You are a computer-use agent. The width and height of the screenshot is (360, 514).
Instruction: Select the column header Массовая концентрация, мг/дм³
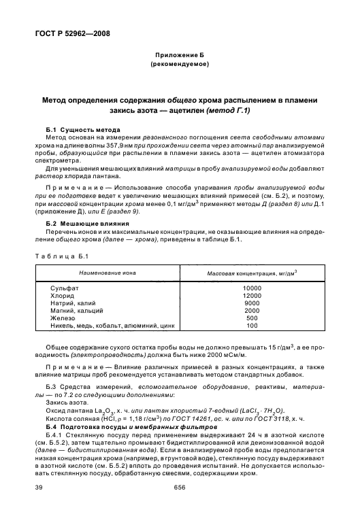tap(252, 273)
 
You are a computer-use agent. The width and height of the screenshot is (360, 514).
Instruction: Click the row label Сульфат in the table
tap(64, 289)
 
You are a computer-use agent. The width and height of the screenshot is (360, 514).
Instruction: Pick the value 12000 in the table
tap(252, 296)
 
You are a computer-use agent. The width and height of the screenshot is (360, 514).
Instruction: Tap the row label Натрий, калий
tap(74, 303)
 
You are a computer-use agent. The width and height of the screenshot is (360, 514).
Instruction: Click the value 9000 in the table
tap(252, 303)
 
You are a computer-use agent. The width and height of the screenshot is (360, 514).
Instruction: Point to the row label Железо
tap(63, 318)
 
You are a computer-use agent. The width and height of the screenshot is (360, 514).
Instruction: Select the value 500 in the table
tap(252, 318)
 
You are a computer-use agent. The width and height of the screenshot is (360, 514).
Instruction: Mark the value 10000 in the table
tap(252, 289)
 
